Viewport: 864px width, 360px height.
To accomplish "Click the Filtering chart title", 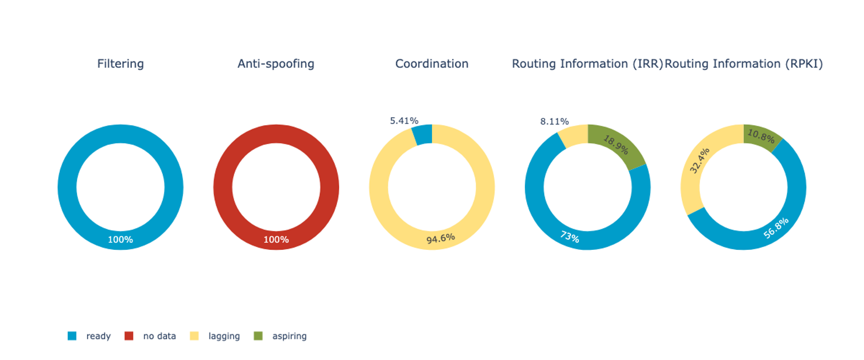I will [120, 64].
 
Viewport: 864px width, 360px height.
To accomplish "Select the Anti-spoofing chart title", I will [276, 64].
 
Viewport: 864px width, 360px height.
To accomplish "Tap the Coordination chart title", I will [431, 64].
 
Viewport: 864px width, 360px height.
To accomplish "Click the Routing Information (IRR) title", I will [587, 64].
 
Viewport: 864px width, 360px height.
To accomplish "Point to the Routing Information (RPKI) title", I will [743, 64].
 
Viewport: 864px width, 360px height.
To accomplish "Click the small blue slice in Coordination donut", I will [422, 135].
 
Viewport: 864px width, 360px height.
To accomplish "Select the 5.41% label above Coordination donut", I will [403, 120].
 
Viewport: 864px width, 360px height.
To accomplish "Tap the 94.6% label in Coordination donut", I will [440, 239].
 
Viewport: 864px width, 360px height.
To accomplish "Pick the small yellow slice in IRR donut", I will [573, 136].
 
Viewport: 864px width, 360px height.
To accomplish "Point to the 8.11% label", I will [554, 121].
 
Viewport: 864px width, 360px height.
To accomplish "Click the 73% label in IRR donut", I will [569, 237].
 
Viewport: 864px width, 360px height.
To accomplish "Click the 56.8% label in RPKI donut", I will [776, 229].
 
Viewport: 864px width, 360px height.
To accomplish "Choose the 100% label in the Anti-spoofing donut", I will [276, 240].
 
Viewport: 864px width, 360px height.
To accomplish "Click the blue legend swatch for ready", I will [72, 336].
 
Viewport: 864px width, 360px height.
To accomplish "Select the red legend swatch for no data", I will [129, 336].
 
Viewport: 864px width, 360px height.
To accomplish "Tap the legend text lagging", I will [224, 336].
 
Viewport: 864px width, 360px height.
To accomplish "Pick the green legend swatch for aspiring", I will [258, 336].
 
